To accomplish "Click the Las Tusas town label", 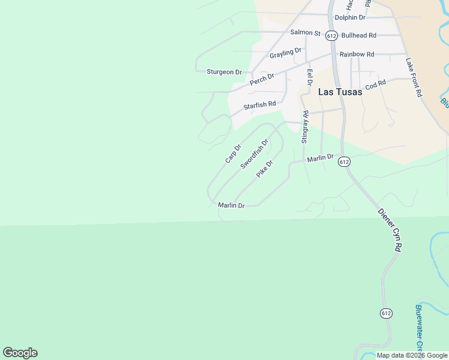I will [340, 92].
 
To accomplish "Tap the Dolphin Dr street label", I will [350, 17].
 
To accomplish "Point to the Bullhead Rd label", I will [358, 35].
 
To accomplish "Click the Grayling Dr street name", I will [285, 53].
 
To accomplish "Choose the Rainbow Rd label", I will [357, 54].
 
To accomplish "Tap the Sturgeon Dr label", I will [224, 72].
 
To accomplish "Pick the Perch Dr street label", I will [262, 77].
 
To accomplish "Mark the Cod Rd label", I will [375, 86].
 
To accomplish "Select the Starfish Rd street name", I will [259, 106].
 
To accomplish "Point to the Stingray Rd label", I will [305, 127].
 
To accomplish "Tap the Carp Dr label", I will [233, 154].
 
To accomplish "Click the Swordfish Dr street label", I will [254, 154].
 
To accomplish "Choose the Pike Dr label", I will [265, 168].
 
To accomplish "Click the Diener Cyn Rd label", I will [389, 230].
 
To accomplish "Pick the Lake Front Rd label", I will [414, 77].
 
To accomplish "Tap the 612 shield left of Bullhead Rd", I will [331, 35].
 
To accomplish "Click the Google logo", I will [20, 353].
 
